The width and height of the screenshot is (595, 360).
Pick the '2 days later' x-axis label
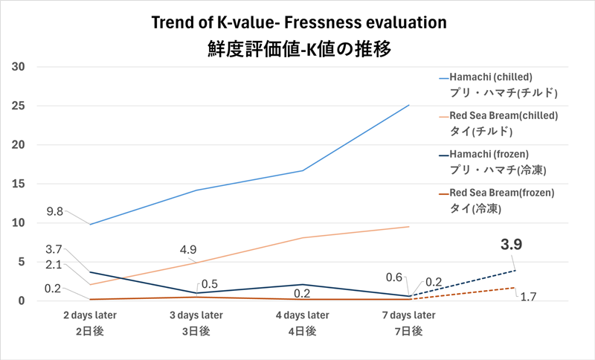(x=89, y=315)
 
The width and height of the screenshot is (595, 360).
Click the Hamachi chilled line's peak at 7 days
(x=409, y=105)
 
